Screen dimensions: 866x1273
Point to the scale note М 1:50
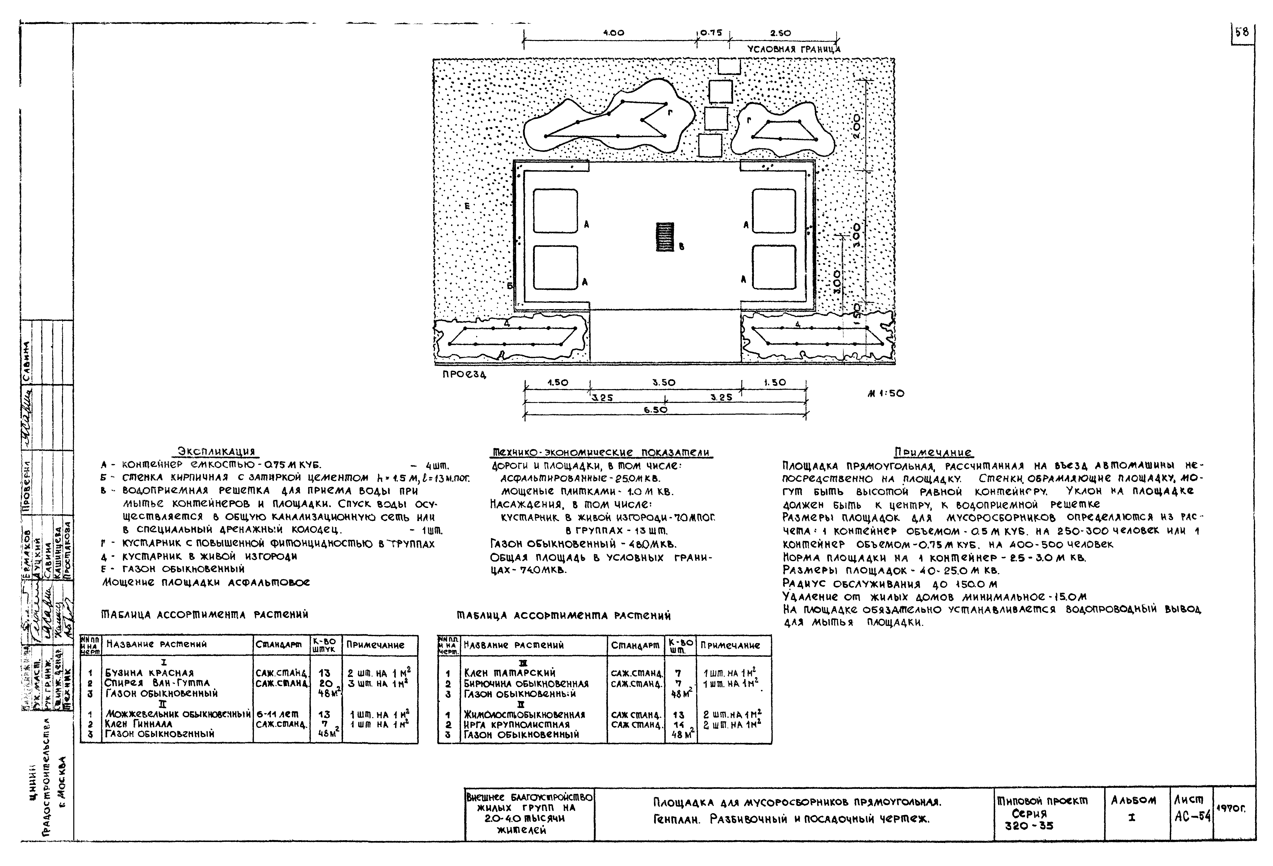pos(886,394)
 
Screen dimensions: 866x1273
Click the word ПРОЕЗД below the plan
pos(464,375)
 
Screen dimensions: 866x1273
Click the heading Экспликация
pos(216,452)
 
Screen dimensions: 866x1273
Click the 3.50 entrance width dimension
pos(664,383)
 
